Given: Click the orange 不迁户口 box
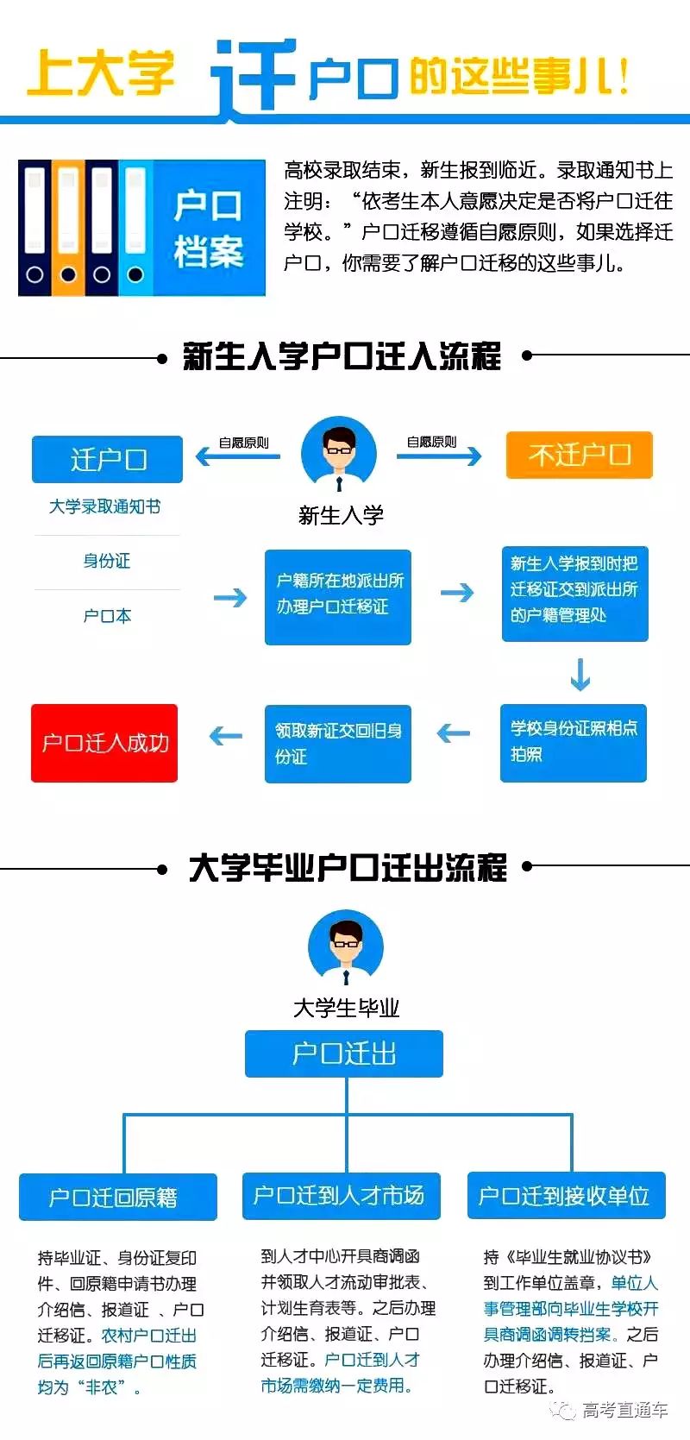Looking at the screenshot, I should tap(579, 456).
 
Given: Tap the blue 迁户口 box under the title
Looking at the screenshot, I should tap(107, 459).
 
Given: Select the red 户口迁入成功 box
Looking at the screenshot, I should tap(104, 743).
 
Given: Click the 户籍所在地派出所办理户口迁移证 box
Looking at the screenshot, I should tap(337, 596).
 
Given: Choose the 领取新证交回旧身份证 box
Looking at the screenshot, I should tap(337, 744).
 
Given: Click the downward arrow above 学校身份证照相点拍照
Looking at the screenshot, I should tap(580, 675).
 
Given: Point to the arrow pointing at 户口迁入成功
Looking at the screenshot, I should tap(226, 736).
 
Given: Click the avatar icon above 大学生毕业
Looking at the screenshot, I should tap(345, 947).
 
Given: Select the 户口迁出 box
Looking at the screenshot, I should tap(343, 1053).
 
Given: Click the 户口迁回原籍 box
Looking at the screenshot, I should tap(117, 1198).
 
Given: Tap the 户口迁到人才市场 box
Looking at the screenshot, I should tap(341, 1196).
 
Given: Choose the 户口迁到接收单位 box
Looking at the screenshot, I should tap(566, 1196).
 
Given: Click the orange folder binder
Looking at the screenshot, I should tap(68, 226).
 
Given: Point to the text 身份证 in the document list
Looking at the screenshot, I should tap(107, 562).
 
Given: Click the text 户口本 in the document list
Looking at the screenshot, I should tap(107, 616).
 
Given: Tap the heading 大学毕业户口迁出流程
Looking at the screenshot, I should tap(347, 868).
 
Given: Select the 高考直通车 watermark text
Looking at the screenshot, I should tap(624, 1410).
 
